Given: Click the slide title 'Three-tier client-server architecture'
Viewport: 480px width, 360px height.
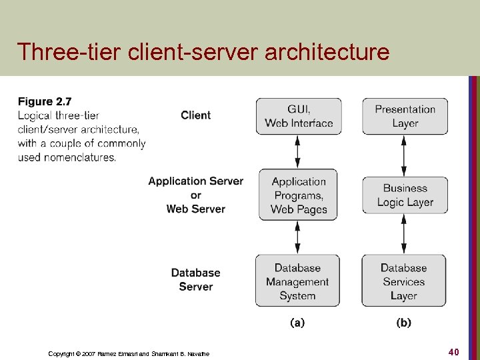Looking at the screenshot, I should [x=203, y=51].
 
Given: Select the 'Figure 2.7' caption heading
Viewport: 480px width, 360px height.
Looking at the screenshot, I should [x=44, y=101].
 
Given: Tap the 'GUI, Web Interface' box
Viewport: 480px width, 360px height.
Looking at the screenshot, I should [x=299, y=116].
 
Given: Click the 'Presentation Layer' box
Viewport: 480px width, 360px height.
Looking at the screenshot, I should [x=405, y=116].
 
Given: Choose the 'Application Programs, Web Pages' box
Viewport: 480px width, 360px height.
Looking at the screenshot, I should [x=299, y=195].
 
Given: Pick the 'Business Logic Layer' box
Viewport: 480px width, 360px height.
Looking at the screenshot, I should [x=405, y=195].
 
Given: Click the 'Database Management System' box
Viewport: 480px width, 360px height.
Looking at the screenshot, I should [x=297, y=281].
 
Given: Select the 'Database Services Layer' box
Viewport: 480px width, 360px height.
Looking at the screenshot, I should [x=404, y=281].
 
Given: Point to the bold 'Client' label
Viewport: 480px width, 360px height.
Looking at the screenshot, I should [x=195, y=115].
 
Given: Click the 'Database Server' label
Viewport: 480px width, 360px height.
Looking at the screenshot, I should [x=195, y=279].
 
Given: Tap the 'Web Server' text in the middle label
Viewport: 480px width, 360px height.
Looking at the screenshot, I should [x=195, y=209].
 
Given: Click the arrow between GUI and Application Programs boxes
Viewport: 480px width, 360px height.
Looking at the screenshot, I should [x=298, y=151].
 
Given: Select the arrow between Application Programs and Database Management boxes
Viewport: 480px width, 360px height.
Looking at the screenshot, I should [x=298, y=237].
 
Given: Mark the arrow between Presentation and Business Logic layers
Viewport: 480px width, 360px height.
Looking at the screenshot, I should [x=404, y=155].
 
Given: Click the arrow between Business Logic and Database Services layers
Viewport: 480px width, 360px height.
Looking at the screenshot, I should [x=404, y=234].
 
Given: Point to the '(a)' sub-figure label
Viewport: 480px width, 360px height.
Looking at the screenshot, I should [x=297, y=323].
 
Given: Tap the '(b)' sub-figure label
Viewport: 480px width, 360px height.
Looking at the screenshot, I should [x=404, y=323].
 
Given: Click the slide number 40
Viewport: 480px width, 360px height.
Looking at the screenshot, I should [x=453, y=351].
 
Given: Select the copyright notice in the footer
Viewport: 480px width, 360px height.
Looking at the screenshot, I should [x=129, y=353].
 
